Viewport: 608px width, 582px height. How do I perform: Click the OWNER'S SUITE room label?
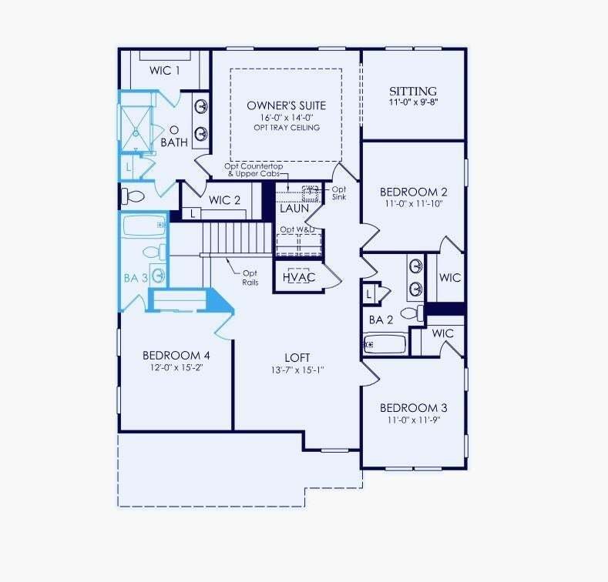(286, 105)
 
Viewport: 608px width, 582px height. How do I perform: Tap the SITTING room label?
(413, 92)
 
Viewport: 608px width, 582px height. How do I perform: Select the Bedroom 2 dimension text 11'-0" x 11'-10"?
(413, 204)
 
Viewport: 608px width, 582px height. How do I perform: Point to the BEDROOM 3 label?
(413, 408)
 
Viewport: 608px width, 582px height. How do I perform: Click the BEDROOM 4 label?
(176, 356)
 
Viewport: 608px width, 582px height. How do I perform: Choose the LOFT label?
(297, 358)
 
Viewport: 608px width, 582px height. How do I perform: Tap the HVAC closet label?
(299, 277)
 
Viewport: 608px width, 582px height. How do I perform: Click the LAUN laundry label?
(294, 209)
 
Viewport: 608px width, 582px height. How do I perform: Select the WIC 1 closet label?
(164, 71)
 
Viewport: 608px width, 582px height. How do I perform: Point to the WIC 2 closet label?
(224, 200)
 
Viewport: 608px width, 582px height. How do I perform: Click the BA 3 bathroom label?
(136, 278)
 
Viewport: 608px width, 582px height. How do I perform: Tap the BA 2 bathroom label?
(381, 320)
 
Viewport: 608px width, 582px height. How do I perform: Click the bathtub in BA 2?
(385, 344)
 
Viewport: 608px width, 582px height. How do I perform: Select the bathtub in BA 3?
(144, 225)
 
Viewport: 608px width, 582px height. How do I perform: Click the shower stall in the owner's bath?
(136, 129)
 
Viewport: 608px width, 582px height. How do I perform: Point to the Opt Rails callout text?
(250, 278)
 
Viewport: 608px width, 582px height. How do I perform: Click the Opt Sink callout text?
(339, 193)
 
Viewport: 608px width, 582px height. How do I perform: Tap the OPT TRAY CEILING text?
(287, 128)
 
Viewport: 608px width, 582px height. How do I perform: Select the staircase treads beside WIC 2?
(237, 238)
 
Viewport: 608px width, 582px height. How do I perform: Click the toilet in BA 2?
(412, 313)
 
